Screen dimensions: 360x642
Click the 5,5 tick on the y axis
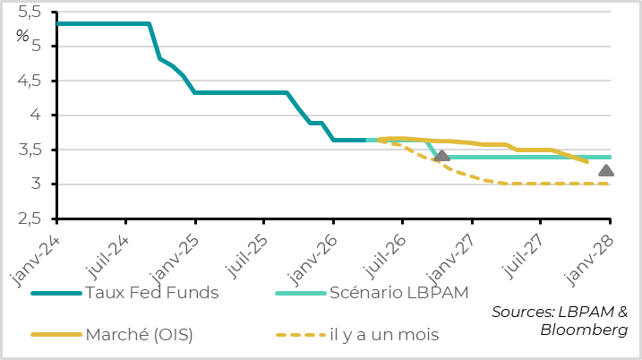(x=30, y=12)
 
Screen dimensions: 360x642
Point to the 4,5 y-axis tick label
(x=30, y=81)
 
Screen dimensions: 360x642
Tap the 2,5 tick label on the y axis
(x=30, y=219)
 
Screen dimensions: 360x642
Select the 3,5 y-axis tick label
(x=30, y=150)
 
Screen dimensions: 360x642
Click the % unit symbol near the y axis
(x=22, y=36)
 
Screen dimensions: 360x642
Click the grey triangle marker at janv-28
(x=606, y=171)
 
